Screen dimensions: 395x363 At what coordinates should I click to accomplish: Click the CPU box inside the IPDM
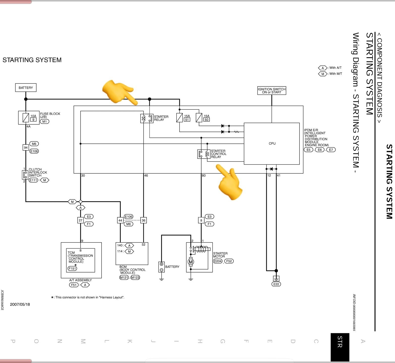pos(272,144)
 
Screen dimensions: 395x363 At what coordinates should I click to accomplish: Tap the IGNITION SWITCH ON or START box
pos(272,91)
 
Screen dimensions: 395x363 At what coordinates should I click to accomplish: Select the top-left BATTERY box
pos(26,88)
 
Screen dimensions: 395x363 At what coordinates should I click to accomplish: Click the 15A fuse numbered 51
pos(179,118)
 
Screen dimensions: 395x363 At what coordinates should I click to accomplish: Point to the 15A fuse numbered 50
pos(199,118)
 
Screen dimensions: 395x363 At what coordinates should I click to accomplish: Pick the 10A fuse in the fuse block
pos(26,118)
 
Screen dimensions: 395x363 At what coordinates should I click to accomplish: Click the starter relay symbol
pos(147,118)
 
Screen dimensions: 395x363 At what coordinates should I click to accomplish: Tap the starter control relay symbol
pos(204,154)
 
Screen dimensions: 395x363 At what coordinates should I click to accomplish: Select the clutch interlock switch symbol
pos(25,175)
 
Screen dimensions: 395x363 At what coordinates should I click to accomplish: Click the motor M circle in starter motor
pos(191,262)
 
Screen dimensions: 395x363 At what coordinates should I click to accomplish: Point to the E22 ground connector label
pos(276,284)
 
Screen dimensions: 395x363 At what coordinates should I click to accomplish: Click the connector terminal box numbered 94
pos(26,147)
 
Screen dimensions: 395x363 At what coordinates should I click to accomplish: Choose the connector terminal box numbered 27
pos(80,220)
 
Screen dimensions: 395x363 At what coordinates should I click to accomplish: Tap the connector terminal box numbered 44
pos(120,220)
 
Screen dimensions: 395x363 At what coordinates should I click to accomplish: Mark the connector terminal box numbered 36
pos(143,220)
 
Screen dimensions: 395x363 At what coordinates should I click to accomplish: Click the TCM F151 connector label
pos(72,268)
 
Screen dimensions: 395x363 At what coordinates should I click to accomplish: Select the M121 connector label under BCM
pos(124,278)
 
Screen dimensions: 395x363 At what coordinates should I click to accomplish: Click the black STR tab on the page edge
pos(340,347)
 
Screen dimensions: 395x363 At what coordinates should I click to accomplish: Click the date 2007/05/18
pos(20,304)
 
